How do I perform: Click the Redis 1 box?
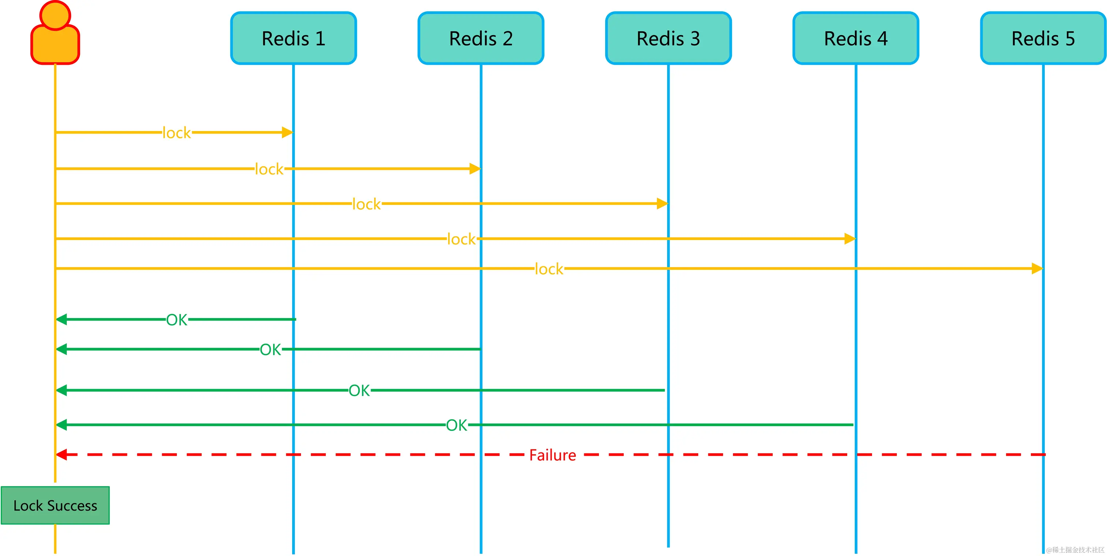click(x=294, y=38)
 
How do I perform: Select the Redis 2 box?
click(x=481, y=38)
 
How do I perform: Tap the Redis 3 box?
click(x=668, y=38)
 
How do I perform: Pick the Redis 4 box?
click(x=856, y=38)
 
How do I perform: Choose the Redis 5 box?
click(x=1043, y=38)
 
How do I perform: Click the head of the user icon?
click(x=55, y=15)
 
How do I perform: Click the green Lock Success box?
click(x=55, y=505)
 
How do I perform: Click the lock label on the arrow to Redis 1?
click(x=176, y=133)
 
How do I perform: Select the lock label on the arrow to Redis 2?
click(x=269, y=169)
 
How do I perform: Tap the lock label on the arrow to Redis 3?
click(x=366, y=204)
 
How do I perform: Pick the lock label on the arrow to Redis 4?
click(x=461, y=239)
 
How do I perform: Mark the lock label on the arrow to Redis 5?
click(x=549, y=269)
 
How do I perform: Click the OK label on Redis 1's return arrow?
click(x=176, y=320)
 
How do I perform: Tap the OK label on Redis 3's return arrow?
click(x=359, y=391)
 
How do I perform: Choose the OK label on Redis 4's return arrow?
click(x=456, y=425)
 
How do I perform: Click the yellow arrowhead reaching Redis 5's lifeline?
click(x=1037, y=269)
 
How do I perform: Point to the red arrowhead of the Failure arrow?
click(x=61, y=455)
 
